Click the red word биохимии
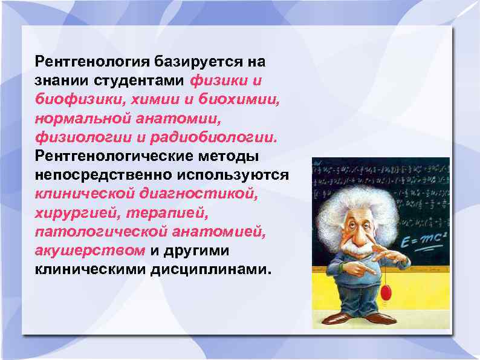(242, 99)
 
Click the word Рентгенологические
(113, 156)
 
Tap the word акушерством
(89, 250)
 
